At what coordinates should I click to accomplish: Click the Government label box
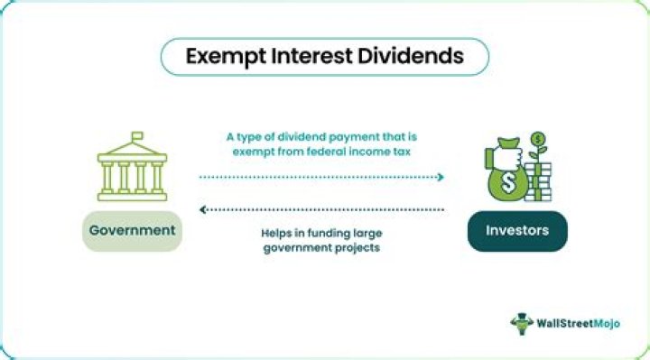point(132,230)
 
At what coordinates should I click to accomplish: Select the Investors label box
point(517,230)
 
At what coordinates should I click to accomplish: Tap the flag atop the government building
point(137,137)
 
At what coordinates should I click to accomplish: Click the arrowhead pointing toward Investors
point(441,177)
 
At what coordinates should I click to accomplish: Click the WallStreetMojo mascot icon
point(522,323)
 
